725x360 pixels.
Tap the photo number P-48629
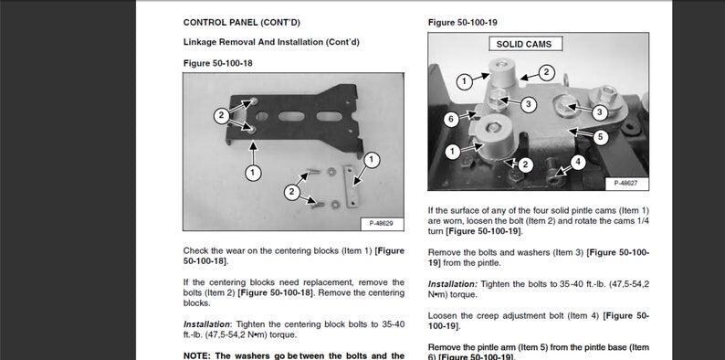point(382,224)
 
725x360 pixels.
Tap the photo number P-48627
point(626,184)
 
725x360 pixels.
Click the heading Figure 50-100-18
point(218,63)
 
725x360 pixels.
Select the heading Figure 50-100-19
point(462,23)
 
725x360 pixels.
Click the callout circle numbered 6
point(452,120)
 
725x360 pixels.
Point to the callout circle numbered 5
point(601,137)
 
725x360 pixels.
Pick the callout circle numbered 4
point(578,162)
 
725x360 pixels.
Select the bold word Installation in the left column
point(205,324)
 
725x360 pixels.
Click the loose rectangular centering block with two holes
point(351,185)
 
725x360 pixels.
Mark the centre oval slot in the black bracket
point(291,117)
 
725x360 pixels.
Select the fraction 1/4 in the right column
point(643,221)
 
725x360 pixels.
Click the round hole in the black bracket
point(262,117)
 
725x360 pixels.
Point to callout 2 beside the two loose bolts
point(292,192)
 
